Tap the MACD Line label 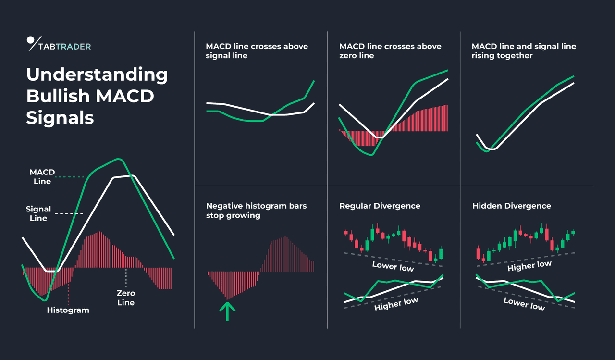[42, 177]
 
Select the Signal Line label [38, 213]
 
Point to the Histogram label [68, 310]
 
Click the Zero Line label [126, 298]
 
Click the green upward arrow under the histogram [228, 310]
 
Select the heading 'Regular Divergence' [380, 206]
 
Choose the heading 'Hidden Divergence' [512, 206]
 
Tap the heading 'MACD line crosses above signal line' [257, 51]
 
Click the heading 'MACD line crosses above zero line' [390, 51]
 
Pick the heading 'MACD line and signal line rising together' [524, 51]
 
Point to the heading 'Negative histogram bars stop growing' [256, 211]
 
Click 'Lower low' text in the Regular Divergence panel [393, 266]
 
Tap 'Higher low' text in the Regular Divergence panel [396, 304]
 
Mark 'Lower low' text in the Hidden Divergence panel [524, 304]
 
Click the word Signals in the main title [60, 117]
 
